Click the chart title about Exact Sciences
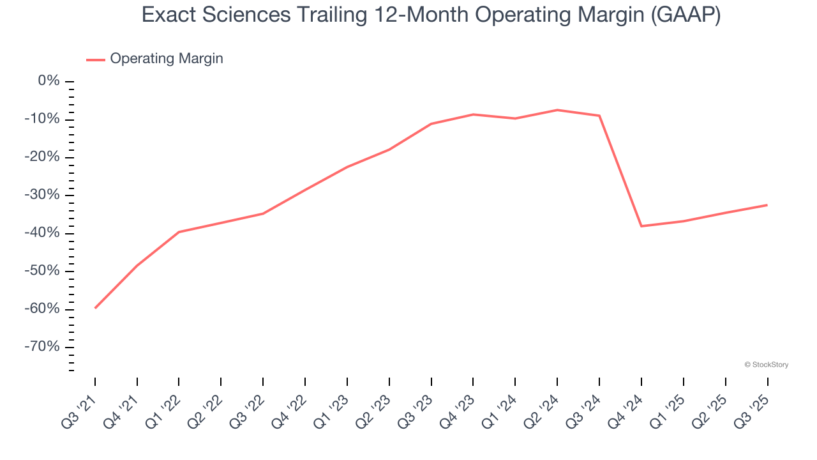[x=431, y=15]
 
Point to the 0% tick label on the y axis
[x=49, y=81]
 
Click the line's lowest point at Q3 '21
[x=95, y=308]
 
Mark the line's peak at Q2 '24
[x=557, y=110]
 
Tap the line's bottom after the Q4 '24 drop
[x=641, y=226]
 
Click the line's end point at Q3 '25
[x=767, y=205]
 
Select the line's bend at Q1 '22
[x=179, y=232]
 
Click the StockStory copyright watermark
[x=767, y=365]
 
